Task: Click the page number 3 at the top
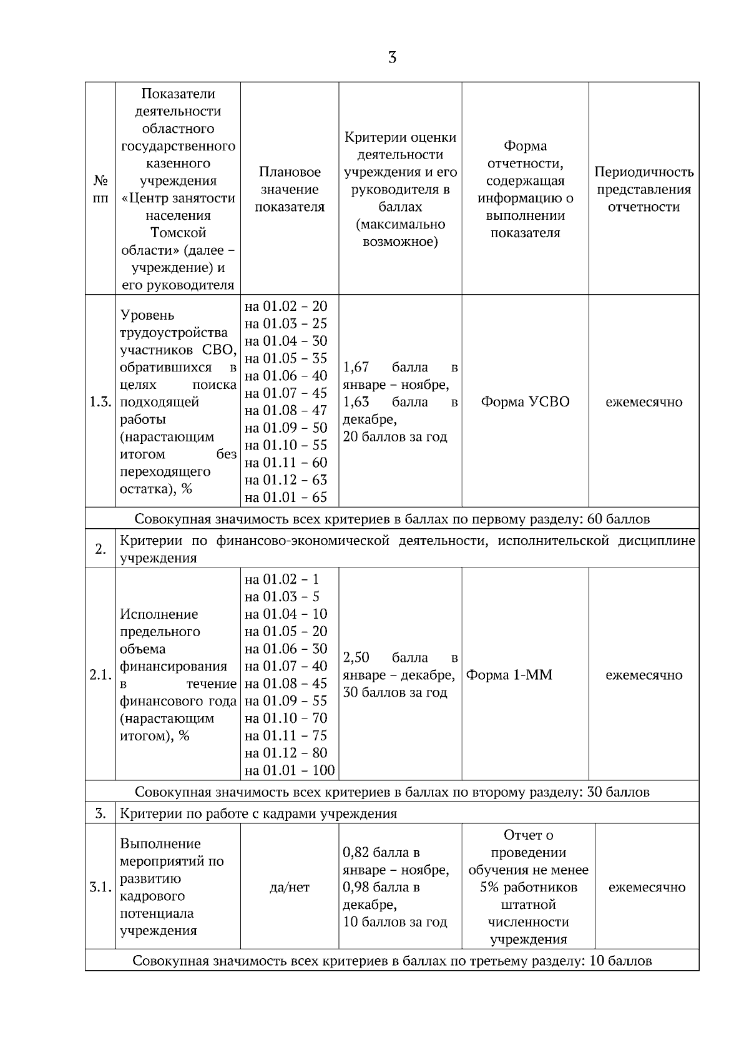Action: [392, 58]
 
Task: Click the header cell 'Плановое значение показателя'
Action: [290, 189]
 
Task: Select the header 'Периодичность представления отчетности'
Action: [644, 189]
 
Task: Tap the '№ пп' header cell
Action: [100, 189]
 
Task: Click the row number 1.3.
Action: [100, 402]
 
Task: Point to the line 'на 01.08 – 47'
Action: [286, 410]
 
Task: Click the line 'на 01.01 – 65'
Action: [286, 498]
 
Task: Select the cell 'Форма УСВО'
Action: [525, 402]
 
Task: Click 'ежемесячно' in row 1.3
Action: [644, 402]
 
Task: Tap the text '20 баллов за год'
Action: [395, 437]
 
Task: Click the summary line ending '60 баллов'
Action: [392, 519]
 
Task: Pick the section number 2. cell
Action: [100, 549]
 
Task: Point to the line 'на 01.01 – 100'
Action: [290, 770]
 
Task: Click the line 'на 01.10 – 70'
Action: [286, 718]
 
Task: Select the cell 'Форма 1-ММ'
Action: [509, 675]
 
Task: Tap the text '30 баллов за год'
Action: [395, 692]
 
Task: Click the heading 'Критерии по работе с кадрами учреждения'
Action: [258, 813]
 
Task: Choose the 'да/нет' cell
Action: [290, 887]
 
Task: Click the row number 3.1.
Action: [100, 887]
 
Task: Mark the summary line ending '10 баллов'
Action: [392, 961]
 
